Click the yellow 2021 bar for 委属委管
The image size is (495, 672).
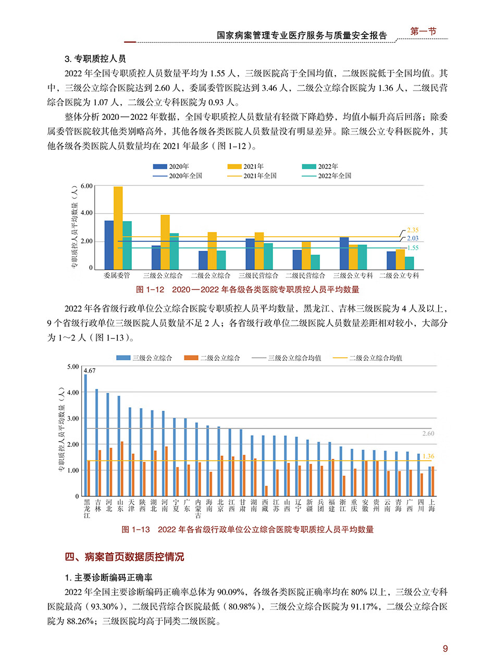pos(118,228)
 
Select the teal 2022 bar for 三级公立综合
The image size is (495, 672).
pos(174,251)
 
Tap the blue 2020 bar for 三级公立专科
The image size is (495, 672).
pos(344,253)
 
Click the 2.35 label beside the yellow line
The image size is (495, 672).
pos(413,230)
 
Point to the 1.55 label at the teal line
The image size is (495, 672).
pos(413,248)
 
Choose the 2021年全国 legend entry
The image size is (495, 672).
pos(252,176)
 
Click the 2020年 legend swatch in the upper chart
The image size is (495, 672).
pos(160,166)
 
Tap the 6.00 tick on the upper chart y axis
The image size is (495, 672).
pos(86,186)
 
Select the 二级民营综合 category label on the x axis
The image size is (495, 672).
pos(305,275)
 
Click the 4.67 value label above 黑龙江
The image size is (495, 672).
pos(90,371)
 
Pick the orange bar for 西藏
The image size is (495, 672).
pos(266,491)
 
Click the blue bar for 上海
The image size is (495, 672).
pos(430,481)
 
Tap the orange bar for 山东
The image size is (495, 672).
pos(122,469)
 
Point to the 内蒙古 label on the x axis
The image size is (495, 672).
pos(198,509)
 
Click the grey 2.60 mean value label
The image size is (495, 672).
pos(428,433)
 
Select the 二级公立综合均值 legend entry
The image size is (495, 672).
pos(367,358)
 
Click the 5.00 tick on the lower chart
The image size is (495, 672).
pos(73,366)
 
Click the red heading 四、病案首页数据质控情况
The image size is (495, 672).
pos(125,557)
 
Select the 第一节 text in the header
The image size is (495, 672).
pos(423,31)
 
